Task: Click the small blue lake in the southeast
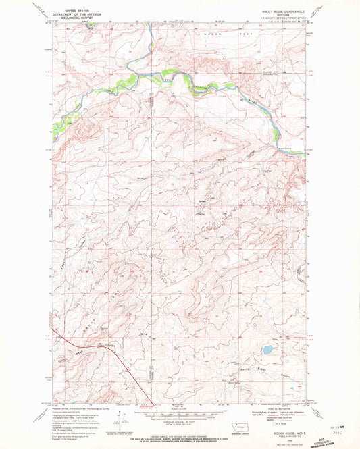(x=267, y=350)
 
